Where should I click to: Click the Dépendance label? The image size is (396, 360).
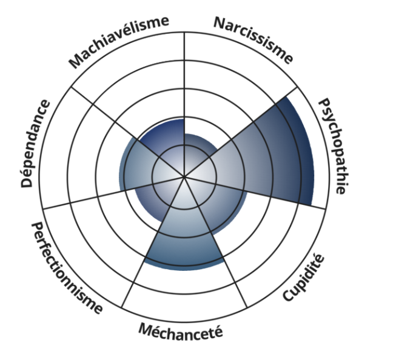(36, 143)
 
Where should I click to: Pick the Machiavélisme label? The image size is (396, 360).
(118, 42)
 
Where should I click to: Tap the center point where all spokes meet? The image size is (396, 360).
(184, 178)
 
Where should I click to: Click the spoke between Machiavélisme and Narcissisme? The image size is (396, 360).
(184, 73)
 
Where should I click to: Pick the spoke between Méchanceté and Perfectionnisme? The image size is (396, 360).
(146, 255)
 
